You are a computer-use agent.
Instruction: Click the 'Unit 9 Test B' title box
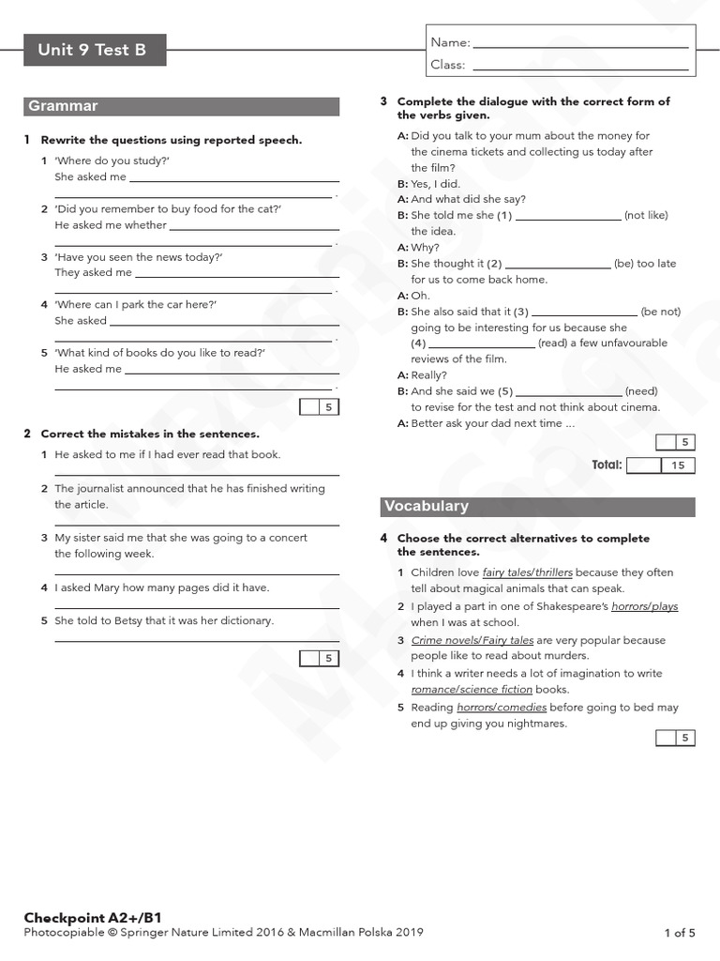click(94, 51)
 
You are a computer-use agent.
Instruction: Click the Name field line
click(581, 44)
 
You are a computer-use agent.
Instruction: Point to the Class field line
click(581, 67)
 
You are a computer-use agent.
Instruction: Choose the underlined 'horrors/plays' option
click(644, 606)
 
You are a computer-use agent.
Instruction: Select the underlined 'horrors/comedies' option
click(502, 708)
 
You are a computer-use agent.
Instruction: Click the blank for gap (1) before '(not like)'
click(568, 217)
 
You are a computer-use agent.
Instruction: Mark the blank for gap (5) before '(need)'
click(568, 392)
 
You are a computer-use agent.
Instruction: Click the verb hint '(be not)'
click(661, 312)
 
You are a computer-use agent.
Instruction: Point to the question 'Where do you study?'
click(112, 160)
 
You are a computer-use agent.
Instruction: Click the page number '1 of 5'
click(680, 933)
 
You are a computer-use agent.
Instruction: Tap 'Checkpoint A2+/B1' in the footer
click(86, 917)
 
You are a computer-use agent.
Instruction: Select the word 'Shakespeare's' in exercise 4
click(573, 606)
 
